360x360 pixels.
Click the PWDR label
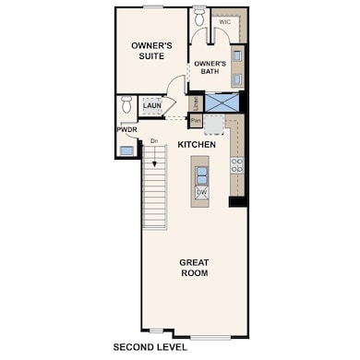[126, 131]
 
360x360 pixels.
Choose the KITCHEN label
[197, 145]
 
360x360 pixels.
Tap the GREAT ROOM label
[193, 268]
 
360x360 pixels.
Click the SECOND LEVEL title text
[150, 348]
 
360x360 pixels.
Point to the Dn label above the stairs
[155, 139]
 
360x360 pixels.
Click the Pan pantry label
[196, 120]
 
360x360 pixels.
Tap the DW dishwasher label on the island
[201, 192]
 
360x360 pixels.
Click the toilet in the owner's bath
[199, 18]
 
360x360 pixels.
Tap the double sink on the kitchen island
[201, 174]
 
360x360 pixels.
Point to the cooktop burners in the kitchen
[236, 166]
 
